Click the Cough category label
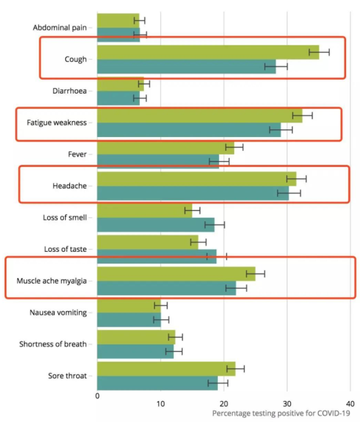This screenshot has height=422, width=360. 76,59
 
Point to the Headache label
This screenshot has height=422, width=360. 69,186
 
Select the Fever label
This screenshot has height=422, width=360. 77,154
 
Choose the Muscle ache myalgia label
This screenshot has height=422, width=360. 52,281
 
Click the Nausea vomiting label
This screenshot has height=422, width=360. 58,312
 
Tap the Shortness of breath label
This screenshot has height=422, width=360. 54,344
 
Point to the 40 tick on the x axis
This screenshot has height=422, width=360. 350,403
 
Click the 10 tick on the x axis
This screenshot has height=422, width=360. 161,403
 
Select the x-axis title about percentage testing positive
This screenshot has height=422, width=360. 281,414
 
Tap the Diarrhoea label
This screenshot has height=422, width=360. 69,91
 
